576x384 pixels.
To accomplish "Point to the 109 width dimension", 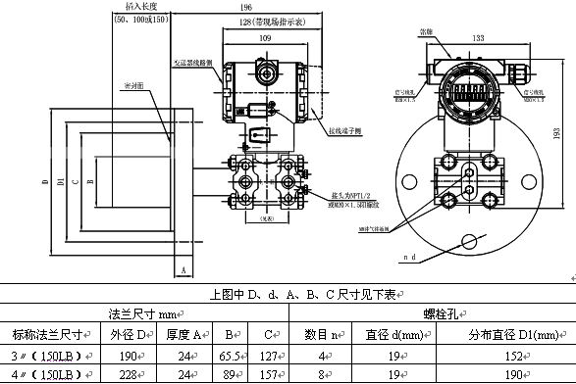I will (266, 37).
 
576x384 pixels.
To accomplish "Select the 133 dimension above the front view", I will (477, 38).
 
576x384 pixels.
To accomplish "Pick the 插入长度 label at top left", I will (133, 7).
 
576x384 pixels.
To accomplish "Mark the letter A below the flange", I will (183, 267).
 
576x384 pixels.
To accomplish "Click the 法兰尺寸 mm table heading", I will (144, 314).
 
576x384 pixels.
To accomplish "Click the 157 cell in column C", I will (266, 374).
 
